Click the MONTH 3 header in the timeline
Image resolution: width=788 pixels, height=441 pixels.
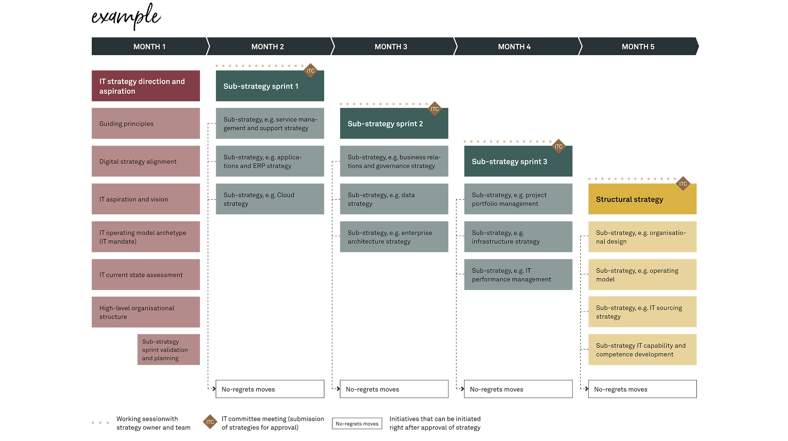point(391,46)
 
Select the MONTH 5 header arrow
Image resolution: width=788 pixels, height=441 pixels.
point(638,46)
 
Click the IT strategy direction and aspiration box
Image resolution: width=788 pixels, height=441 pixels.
point(145,86)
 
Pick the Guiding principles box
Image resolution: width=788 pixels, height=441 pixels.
point(145,123)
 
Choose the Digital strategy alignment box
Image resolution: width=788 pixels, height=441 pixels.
point(145,161)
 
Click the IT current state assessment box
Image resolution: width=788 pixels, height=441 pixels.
point(145,274)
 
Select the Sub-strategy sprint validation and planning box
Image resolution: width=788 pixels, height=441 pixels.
point(169,349)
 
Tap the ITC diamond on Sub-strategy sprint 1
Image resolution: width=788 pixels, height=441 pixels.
point(310,71)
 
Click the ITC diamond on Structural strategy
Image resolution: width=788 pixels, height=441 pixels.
point(683,183)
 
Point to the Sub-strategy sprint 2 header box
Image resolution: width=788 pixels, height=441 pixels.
point(394,124)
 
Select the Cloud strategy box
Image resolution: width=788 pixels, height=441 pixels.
point(269,199)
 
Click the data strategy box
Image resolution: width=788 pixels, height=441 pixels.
point(394,199)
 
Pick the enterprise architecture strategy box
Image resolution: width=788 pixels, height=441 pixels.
point(394,237)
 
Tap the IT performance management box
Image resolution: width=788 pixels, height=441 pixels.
point(518,274)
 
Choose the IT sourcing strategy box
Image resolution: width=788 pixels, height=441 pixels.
point(642,312)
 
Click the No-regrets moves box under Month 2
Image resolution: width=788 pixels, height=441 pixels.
point(269,389)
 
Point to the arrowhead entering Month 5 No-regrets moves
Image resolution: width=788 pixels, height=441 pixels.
point(586,389)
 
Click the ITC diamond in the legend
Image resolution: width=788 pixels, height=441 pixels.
point(210,422)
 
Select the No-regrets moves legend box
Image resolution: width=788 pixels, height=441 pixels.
point(357,423)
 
